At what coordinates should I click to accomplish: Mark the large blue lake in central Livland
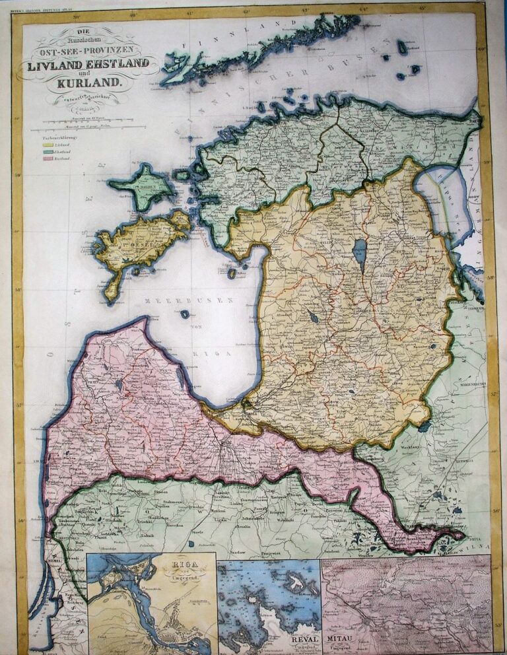coord(359,251)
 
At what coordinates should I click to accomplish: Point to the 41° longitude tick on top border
coord(190,11)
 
